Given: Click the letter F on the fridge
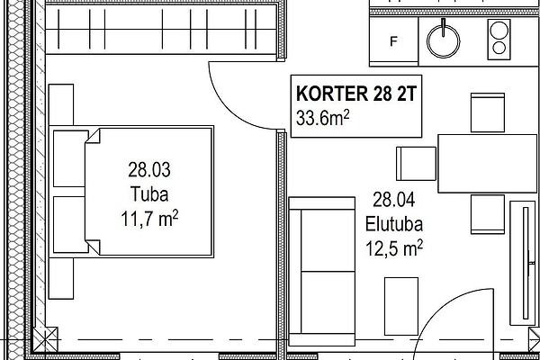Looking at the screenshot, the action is [x=393, y=41].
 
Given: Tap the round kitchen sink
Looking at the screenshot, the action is [x=443, y=41].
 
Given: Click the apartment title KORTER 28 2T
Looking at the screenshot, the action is [x=356, y=94].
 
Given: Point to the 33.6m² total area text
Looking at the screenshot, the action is [x=323, y=118].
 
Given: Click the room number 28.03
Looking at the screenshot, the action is [x=149, y=169].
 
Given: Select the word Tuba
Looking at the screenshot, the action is [x=149, y=194].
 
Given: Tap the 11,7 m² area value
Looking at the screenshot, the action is [x=149, y=219].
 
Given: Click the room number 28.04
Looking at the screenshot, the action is [x=394, y=200].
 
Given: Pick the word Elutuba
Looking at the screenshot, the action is [x=394, y=224].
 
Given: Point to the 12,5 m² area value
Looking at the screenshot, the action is [x=394, y=248].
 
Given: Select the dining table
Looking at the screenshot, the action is [x=487, y=163].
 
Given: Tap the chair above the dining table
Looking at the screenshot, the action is [x=488, y=112].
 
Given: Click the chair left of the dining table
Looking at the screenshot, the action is [x=416, y=164].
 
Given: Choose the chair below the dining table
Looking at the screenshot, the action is [x=488, y=214].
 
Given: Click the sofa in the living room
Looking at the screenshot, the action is [x=321, y=271].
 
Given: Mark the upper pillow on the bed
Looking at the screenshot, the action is [x=70, y=158].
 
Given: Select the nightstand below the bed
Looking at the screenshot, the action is [x=61, y=278].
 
